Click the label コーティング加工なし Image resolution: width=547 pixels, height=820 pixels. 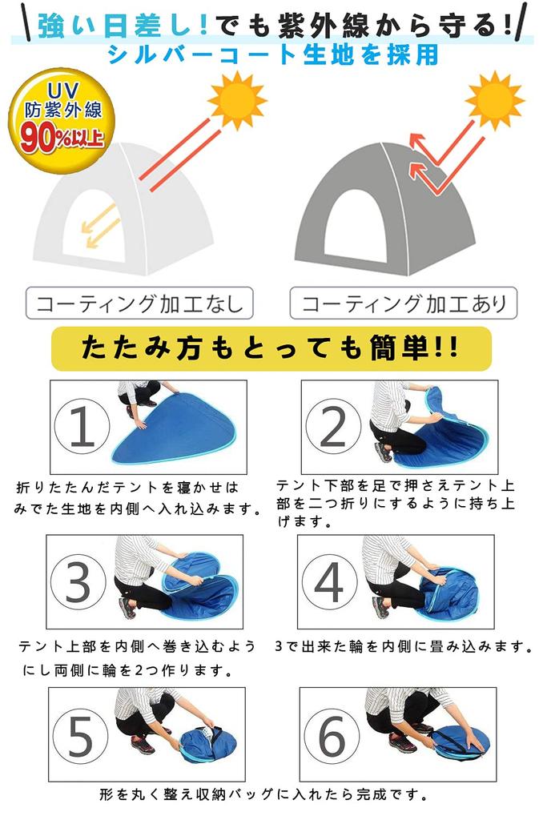[139, 304]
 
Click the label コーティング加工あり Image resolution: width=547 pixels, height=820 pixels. [403, 304]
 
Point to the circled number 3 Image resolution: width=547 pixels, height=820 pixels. [78, 584]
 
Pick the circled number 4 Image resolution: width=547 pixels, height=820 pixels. [328, 584]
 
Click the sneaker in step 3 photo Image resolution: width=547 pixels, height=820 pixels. [127, 609]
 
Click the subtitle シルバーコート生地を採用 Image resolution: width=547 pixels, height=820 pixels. [272, 54]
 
